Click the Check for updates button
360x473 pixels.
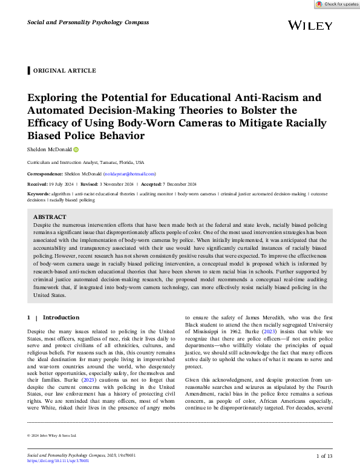click(337, 4)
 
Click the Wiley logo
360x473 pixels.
click(310, 25)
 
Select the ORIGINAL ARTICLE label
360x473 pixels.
click(64, 71)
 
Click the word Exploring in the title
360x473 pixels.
click(57, 97)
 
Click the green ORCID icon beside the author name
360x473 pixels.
click(76, 149)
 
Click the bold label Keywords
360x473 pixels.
click(39, 194)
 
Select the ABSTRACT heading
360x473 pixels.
click(50, 217)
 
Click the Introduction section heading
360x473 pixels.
click(61, 318)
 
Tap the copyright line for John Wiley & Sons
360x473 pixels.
click(52, 435)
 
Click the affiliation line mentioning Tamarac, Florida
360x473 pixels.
click(86, 163)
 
